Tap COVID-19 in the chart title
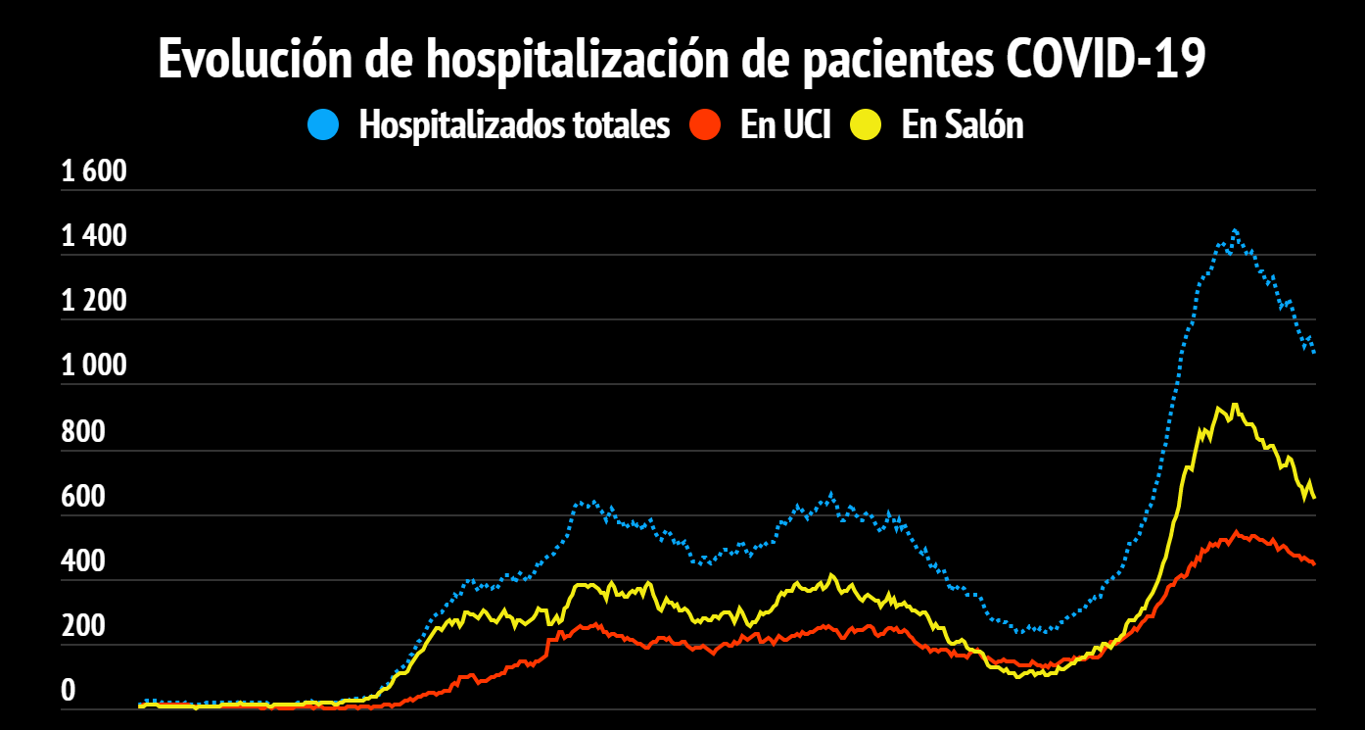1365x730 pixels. [1106, 61]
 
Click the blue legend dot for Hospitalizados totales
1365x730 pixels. [323, 125]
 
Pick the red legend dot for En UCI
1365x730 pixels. [705, 125]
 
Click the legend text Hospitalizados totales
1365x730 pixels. [515, 125]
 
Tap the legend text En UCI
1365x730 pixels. [785, 125]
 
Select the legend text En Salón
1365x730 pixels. [963, 125]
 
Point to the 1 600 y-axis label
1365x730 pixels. [95, 172]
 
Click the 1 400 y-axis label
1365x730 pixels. [95, 237]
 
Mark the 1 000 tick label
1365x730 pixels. [95, 366]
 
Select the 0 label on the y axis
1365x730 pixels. [69, 691]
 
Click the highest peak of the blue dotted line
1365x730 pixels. [1235, 231]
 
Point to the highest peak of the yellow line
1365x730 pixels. [1236, 405]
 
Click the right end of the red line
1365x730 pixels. [1313, 563]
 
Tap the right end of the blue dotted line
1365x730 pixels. [1313, 351]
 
